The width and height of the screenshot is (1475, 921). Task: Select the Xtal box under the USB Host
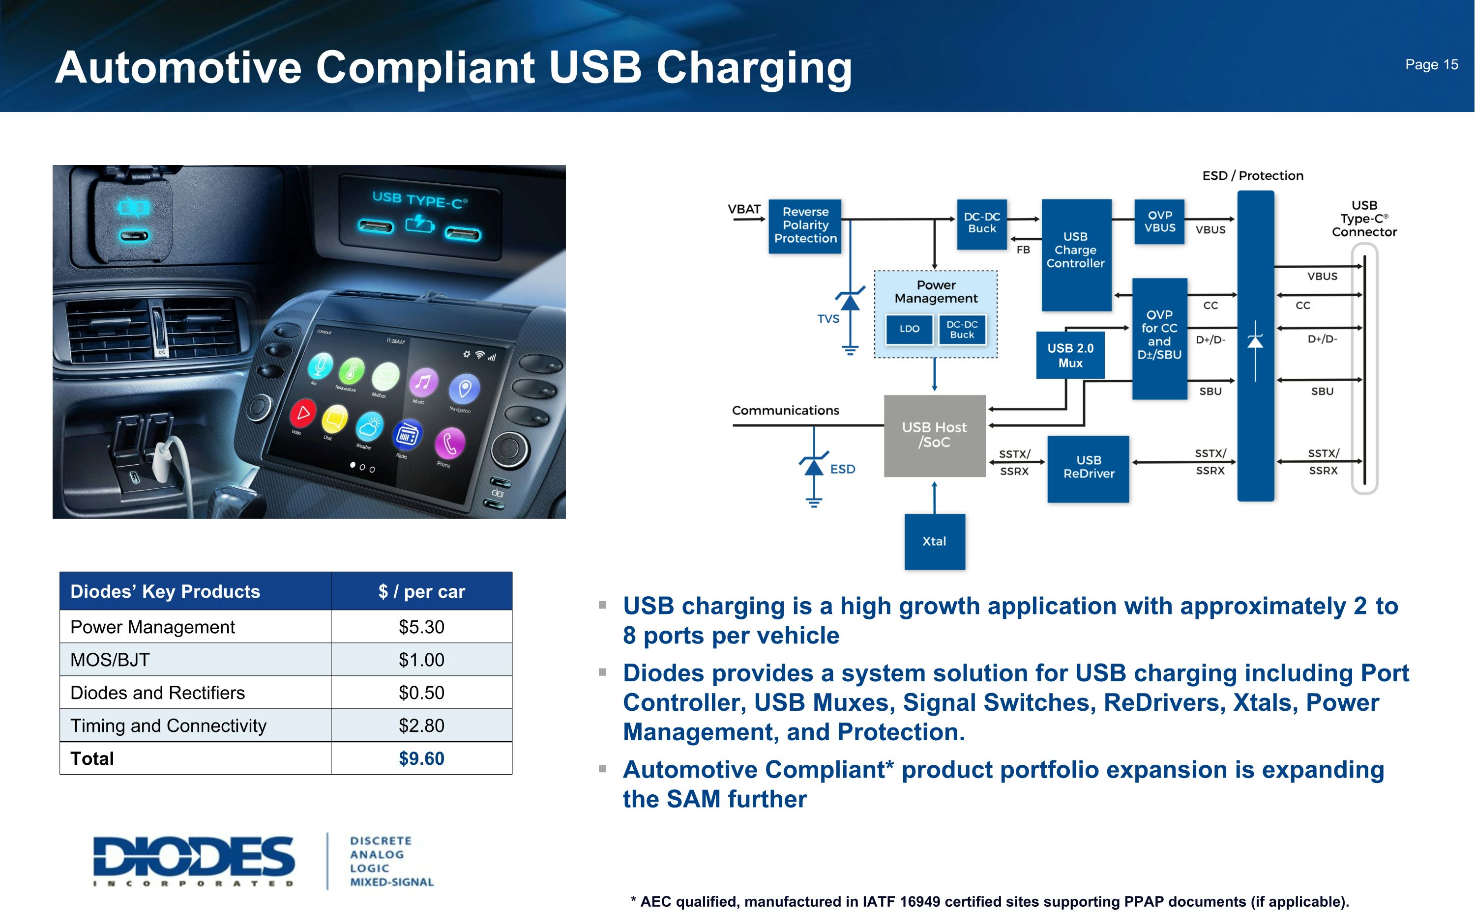[x=934, y=541]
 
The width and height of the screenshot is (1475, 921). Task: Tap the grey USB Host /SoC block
[x=934, y=435]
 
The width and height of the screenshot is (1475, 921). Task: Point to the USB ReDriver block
[x=1088, y=468]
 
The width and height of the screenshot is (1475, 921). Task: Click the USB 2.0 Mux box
[x=1070, y=355]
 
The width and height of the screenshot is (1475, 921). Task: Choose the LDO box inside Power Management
[x=909, y=329]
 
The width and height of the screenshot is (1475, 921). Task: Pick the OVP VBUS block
[x=1159, y=222]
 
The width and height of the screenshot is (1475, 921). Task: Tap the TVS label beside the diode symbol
[x=827, y=319]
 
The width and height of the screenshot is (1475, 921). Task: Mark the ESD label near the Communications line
[x=842, y=469]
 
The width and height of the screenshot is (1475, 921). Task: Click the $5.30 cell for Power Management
[x=421, y=627]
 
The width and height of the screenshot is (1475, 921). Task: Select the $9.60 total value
[x=421, y=758]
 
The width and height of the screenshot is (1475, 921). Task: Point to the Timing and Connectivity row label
[x=168, y=726]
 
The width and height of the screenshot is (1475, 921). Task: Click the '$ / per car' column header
[x=421, y=591]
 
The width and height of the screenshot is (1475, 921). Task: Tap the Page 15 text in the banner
[x=1431, y=64]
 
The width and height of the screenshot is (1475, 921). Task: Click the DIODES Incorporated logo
[x=194, y=860]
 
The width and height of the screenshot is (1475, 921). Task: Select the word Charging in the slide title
[x=753, y=68]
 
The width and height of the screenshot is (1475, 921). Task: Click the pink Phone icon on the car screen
[x=450, y=443]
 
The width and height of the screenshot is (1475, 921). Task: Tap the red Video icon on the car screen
[x=303, y=414]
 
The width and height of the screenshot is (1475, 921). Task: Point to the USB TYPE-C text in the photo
[x=419, y=200]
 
